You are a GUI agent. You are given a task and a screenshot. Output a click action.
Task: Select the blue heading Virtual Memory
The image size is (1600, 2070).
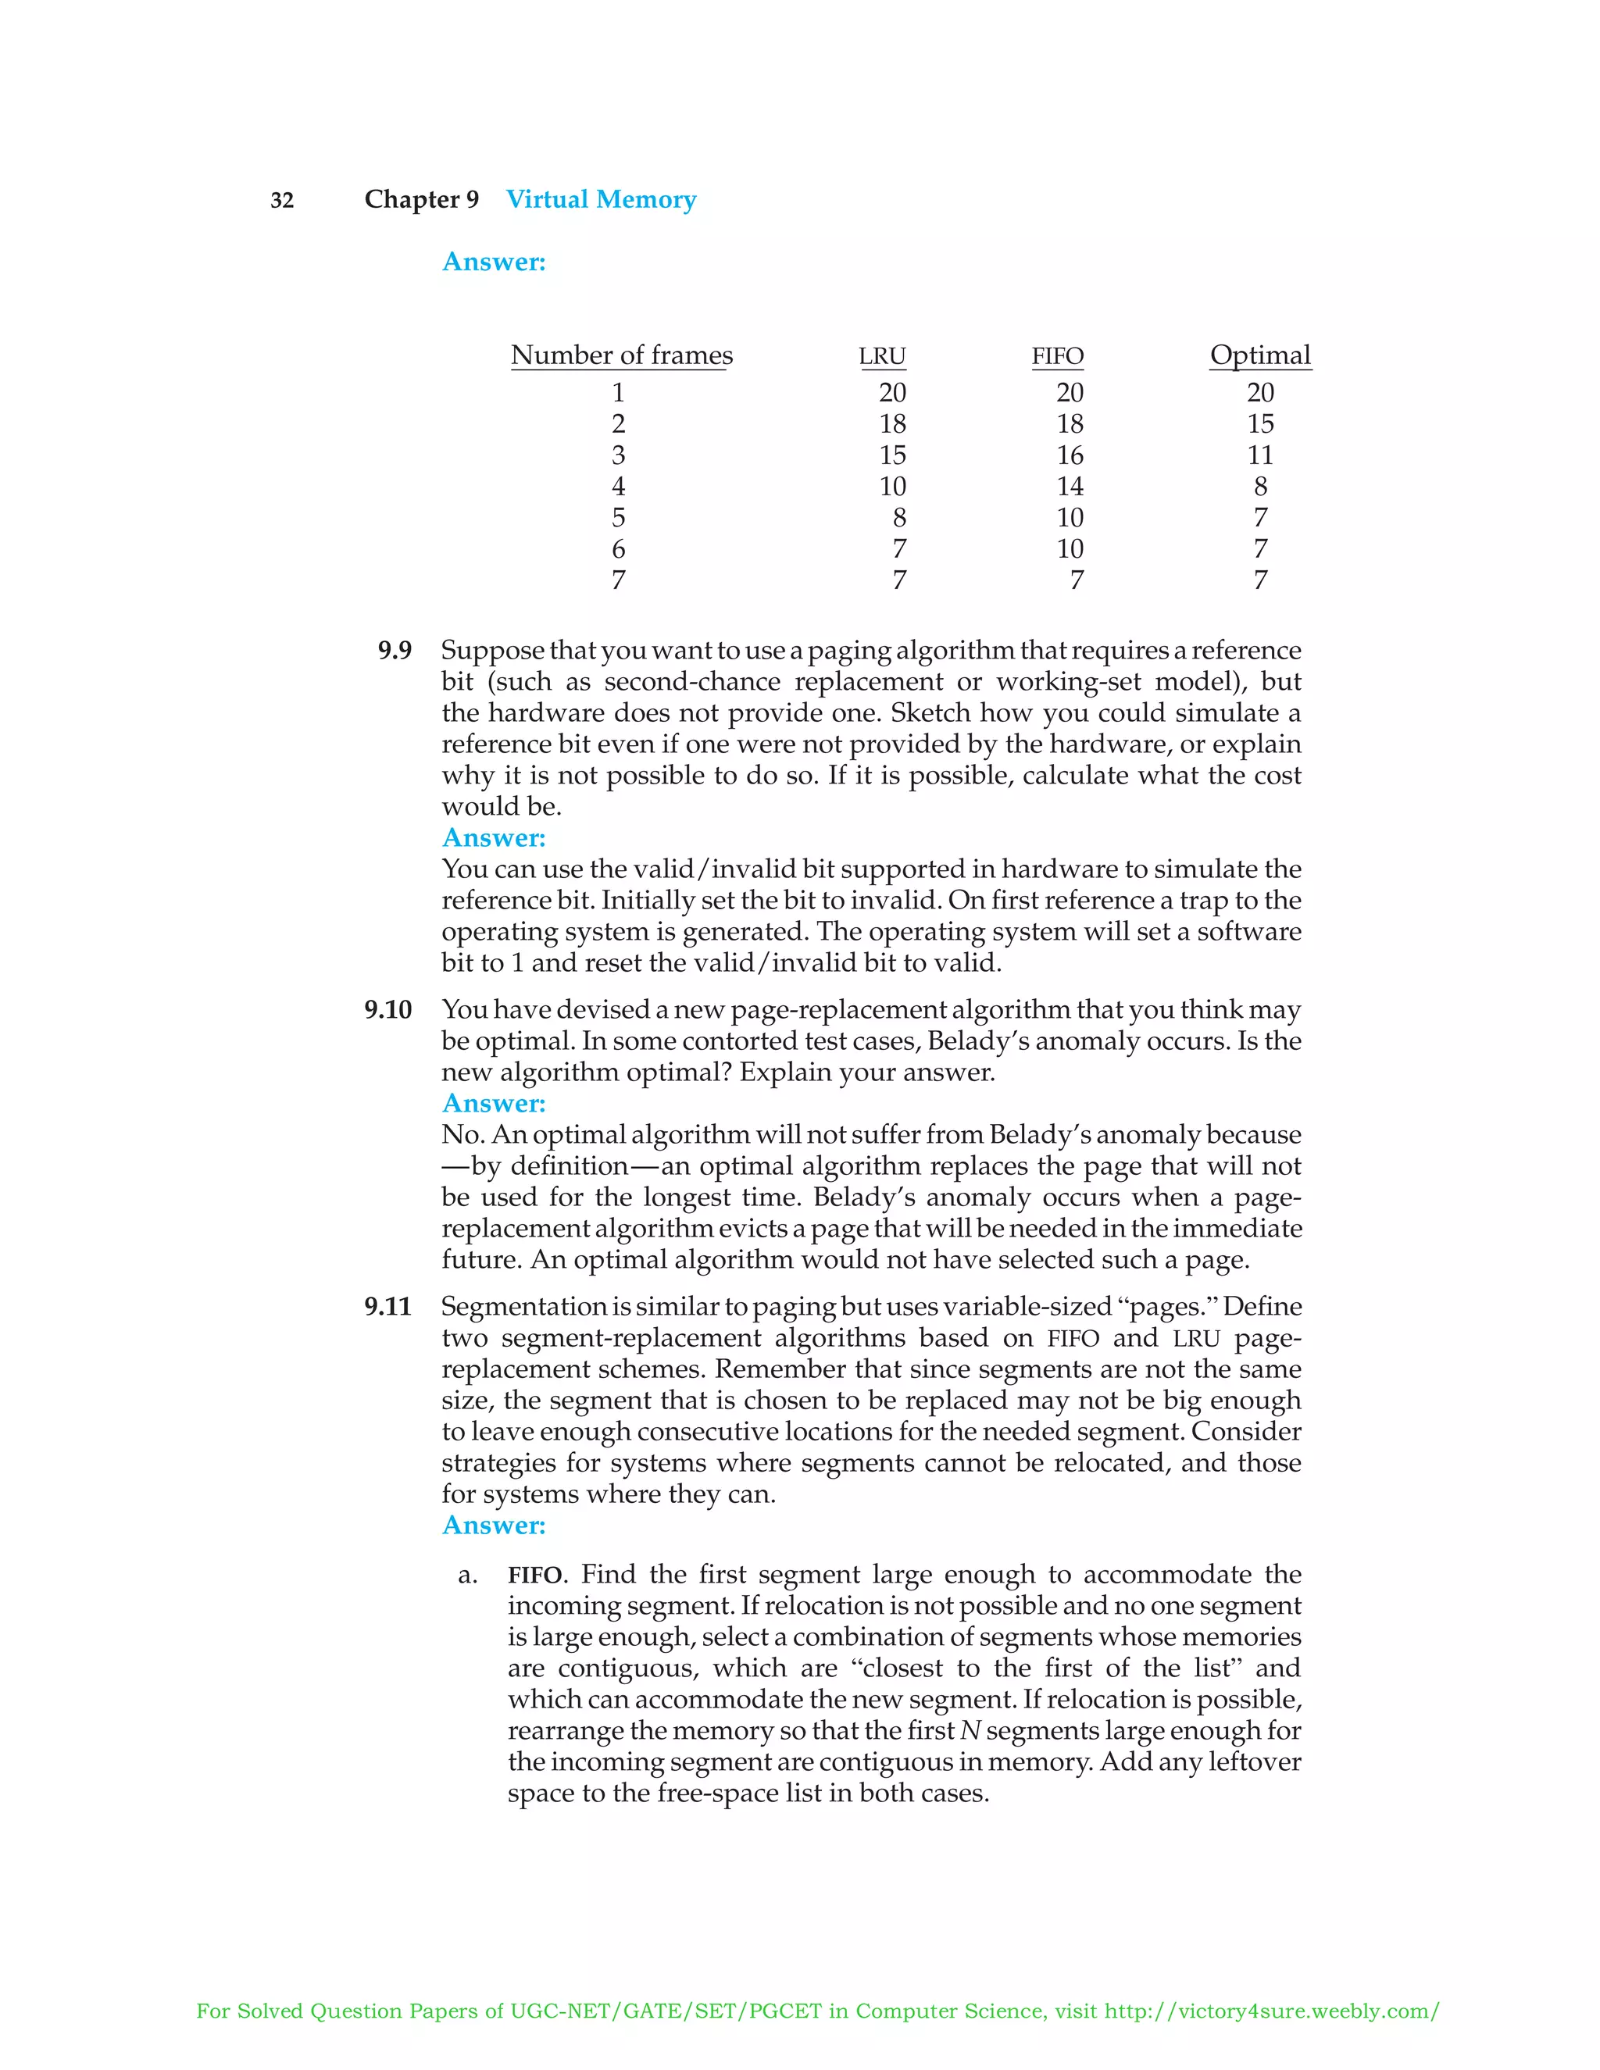pos(600,199)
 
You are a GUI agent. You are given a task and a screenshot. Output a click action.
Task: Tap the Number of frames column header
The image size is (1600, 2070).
pos(621,355)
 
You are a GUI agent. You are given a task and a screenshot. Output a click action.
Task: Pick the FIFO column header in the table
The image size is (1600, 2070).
pos(1057,356)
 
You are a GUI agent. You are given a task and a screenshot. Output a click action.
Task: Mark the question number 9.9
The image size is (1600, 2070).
pos(395,650)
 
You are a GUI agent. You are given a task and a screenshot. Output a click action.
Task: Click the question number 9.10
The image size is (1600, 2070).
pos(387,1009)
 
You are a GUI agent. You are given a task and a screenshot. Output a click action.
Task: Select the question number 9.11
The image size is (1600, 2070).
pos(387,1307)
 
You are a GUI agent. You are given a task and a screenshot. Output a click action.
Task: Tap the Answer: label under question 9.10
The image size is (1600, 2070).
pos(494,1103)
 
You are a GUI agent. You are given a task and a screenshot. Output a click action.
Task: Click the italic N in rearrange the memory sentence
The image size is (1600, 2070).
pos(969,1731)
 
